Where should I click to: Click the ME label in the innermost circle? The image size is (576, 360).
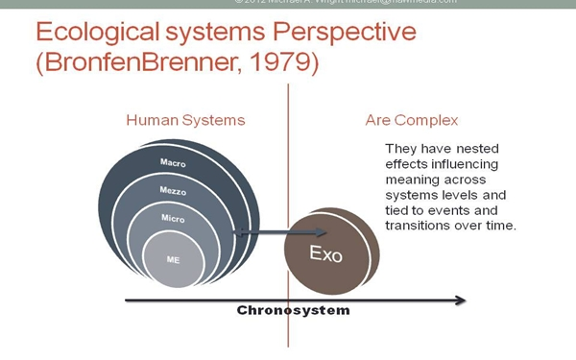(x=173, y=259)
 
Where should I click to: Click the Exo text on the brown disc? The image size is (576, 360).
(x=324, y=254)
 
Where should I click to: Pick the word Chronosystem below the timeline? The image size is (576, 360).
(x=294, y=311)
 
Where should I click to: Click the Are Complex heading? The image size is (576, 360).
(x=412, y=121)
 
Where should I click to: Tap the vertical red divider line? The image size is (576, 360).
(x=286, y=192)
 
